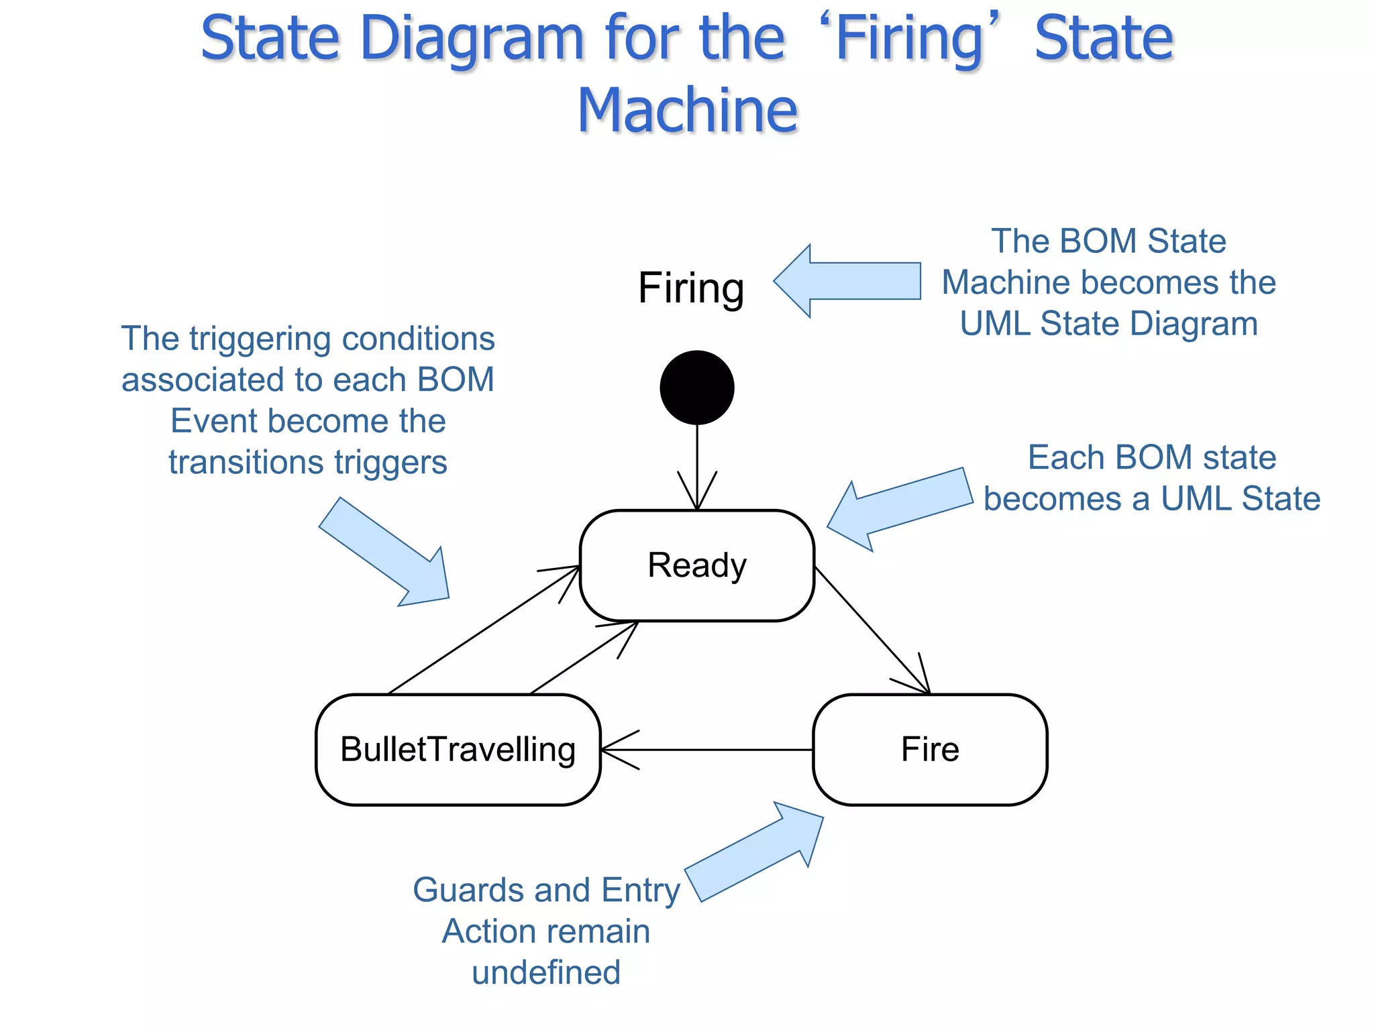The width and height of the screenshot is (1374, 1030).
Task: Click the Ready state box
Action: point(696,565)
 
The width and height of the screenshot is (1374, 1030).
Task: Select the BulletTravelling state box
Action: point(458,749)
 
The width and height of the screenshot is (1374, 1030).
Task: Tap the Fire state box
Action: point(930,749)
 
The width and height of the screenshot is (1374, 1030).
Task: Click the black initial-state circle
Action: point(697,388)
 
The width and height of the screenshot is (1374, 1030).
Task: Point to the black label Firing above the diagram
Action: point(691,288)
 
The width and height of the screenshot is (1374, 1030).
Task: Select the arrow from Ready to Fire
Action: point(872,630)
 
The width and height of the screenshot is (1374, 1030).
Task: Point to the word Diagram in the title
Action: point(473,38)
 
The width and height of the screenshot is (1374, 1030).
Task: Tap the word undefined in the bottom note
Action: point(546,972)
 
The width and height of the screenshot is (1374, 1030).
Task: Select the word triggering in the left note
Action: point(261,339)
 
